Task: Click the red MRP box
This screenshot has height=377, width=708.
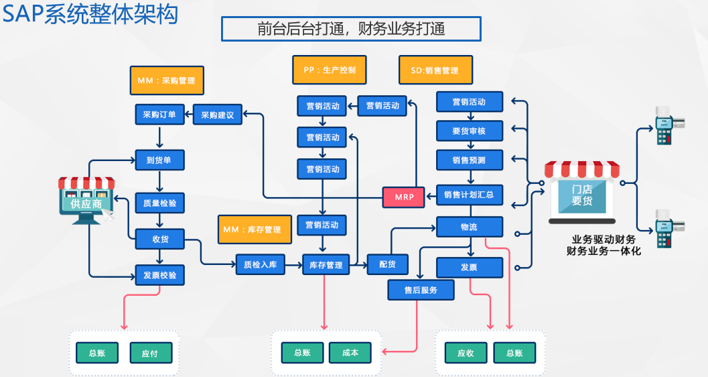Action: pos(404,197)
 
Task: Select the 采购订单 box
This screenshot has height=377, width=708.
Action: pos(159,115)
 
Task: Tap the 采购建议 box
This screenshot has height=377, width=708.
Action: pos(218,115)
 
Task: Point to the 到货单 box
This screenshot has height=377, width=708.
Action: pos(159,160)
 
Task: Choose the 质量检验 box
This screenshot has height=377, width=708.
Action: pos(159,203)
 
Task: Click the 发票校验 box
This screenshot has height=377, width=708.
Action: pos(159,275)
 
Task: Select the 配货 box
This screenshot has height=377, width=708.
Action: pos(387,264)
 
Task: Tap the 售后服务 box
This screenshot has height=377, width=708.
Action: pos(421,290)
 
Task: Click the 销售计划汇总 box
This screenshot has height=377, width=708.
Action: pos(469,195)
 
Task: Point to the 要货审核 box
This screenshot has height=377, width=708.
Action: pos(469,131)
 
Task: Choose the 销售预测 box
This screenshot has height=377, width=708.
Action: pos(469,160)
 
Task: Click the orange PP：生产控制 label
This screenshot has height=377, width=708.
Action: pos(330,70)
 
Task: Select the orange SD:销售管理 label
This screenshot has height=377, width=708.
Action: pos(435,70)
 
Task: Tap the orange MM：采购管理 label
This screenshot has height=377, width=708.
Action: pos(166,80)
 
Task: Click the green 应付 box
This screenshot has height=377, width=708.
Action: pos(151,353)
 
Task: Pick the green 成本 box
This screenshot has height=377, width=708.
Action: pos(350,353)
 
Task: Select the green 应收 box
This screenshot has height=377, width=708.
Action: pos(466,353)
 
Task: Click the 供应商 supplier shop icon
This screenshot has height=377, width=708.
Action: pos(86,199)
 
